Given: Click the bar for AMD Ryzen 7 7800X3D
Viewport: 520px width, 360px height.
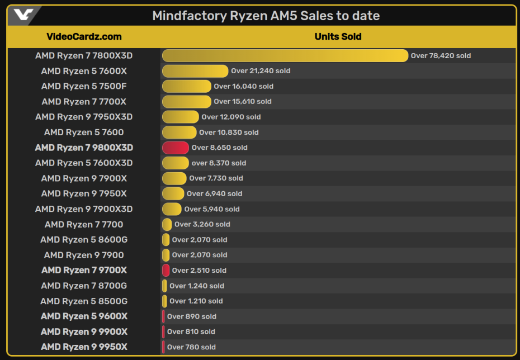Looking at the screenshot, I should (x=285, y=55).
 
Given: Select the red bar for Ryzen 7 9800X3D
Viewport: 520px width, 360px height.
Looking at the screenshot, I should (x=175, y=148).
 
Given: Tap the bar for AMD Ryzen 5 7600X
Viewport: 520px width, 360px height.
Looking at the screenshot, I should (x=195, y=71).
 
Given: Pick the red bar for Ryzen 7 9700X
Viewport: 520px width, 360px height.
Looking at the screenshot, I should (x=166, y=271).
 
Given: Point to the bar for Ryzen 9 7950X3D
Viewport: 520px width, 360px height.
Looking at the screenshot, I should (x=180, y=117).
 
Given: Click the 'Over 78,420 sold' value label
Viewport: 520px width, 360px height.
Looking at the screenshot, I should (x=441, y=56).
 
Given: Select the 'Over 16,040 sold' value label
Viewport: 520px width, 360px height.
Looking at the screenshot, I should (x=243, y=87).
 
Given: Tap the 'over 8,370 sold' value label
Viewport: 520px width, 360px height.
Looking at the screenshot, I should (x=219, y=163).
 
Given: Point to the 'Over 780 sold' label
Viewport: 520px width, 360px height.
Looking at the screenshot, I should (x=191, y=347).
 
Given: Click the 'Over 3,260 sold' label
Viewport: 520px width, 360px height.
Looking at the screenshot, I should (x=202, y=224).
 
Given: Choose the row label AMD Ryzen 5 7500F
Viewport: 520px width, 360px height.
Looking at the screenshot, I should (x=84, y=86).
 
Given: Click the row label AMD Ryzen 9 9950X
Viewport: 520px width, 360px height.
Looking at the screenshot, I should (x=84, y=347).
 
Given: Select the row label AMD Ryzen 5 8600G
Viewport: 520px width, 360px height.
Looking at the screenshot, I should (x=84, y=240).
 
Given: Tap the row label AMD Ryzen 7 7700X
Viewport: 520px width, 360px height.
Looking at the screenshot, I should (x=84, y=102).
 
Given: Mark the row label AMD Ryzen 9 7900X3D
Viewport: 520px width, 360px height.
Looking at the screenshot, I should (x=84, y=209).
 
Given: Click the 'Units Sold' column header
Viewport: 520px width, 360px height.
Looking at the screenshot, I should (x=338, y=37).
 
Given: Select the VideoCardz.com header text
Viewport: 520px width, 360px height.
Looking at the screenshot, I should (x=84, y=37).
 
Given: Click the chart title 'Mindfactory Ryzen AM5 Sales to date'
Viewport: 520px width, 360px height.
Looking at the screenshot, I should (x=266, y=16).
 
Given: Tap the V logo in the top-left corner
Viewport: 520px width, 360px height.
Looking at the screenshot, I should (x=23, y=15).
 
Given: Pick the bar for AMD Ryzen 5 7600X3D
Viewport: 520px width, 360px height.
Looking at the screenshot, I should (x=175, y=163).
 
